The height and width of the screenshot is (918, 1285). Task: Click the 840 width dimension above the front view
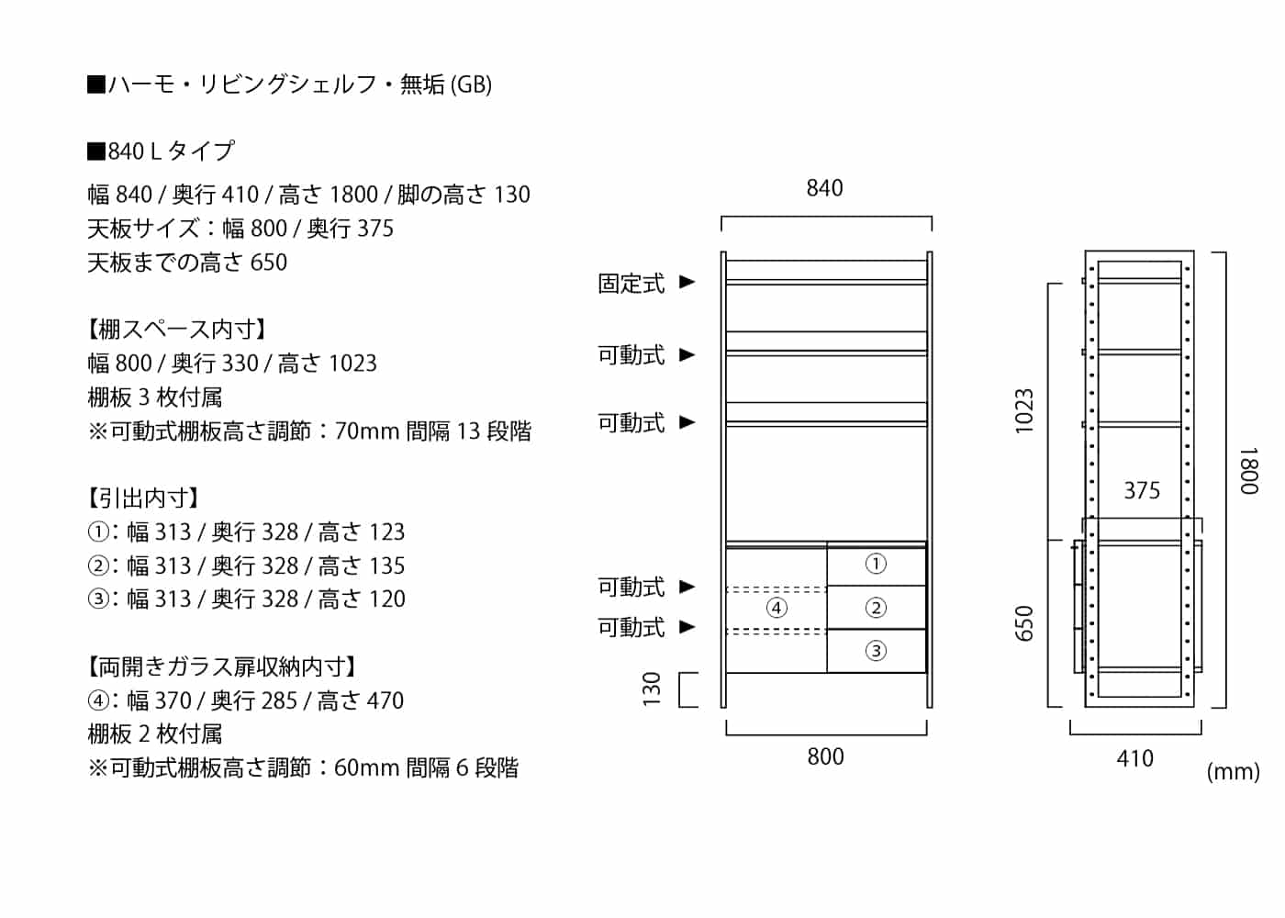tap(824, 188)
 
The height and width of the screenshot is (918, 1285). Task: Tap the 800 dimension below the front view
tap(825, 756)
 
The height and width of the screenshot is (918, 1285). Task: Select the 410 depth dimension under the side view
tap(1134, 758)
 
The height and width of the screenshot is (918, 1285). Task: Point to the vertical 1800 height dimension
tap(1249, 470)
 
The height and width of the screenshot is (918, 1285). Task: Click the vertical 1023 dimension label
tap(1024, 411)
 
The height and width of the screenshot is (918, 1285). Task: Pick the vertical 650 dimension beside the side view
tap(1024, 623)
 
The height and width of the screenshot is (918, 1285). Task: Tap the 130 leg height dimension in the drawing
tap(652, 689)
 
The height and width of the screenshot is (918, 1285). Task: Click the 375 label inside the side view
tap(1142, 490)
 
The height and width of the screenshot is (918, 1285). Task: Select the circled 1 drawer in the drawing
tap(876, 564)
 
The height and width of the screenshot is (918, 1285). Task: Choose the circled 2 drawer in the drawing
tap(876, 608)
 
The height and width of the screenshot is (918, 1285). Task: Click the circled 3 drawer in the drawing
tap(876, 651)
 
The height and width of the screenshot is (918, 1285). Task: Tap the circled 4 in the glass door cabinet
tap(777, 608)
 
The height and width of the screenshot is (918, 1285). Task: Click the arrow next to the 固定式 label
tap(687, 282)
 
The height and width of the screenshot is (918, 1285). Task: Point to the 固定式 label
tap(631, 284)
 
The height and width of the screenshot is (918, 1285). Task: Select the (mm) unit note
tap(1233, 772)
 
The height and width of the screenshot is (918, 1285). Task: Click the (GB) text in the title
tap(471, 84)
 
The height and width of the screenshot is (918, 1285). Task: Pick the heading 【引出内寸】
tap(143, 498)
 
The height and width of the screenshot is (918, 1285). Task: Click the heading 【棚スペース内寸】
tap(177, 330)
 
